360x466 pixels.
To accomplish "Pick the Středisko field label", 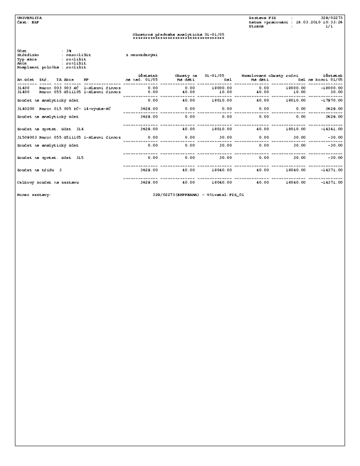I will point(28,54).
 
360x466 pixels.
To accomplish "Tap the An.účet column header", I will point(26,79).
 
